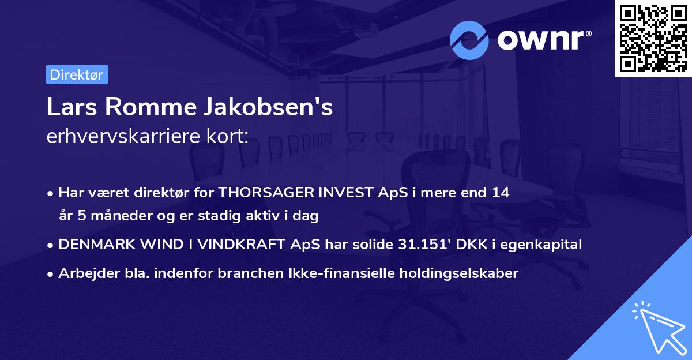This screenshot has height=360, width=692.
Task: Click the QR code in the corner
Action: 653,38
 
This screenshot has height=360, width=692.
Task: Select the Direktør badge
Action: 77,74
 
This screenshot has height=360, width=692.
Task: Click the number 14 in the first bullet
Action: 501,193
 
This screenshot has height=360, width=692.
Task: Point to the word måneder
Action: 111,216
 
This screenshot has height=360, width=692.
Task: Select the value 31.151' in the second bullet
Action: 422,245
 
